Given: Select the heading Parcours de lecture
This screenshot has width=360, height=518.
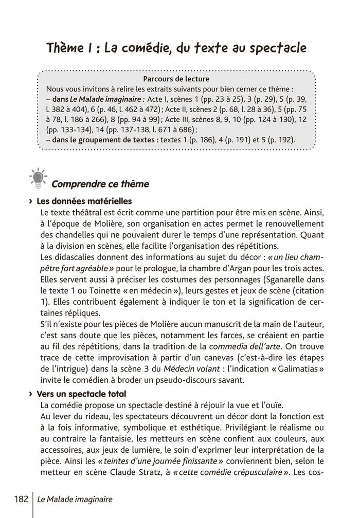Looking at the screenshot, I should point(176,79).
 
